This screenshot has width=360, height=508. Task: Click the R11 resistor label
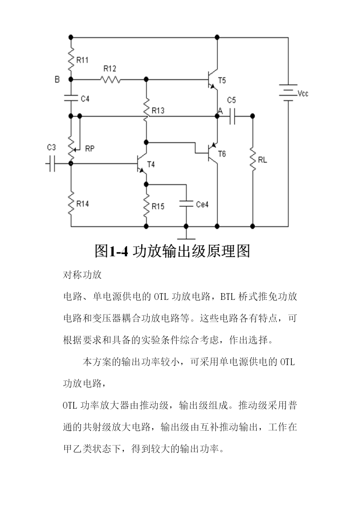82,60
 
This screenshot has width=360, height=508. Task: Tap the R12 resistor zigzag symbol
110,80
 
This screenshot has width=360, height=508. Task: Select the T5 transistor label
222,80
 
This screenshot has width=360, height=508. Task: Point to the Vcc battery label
303,93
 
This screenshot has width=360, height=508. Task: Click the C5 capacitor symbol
232,116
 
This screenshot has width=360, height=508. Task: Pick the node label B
57,80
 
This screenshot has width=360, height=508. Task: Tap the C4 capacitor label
85,99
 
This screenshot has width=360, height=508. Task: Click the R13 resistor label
158,111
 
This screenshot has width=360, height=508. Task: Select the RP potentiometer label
90,149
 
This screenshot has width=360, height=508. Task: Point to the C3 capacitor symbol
52,164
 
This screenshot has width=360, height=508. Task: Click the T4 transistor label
151,164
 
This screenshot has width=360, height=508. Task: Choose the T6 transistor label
222,154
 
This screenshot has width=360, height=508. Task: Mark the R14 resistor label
82,204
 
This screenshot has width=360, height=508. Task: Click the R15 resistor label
158,206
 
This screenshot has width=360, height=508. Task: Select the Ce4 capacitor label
202,204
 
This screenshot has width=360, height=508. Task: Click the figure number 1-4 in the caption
119,251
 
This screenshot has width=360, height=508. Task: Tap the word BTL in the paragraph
228,297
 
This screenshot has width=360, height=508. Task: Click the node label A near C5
220,111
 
